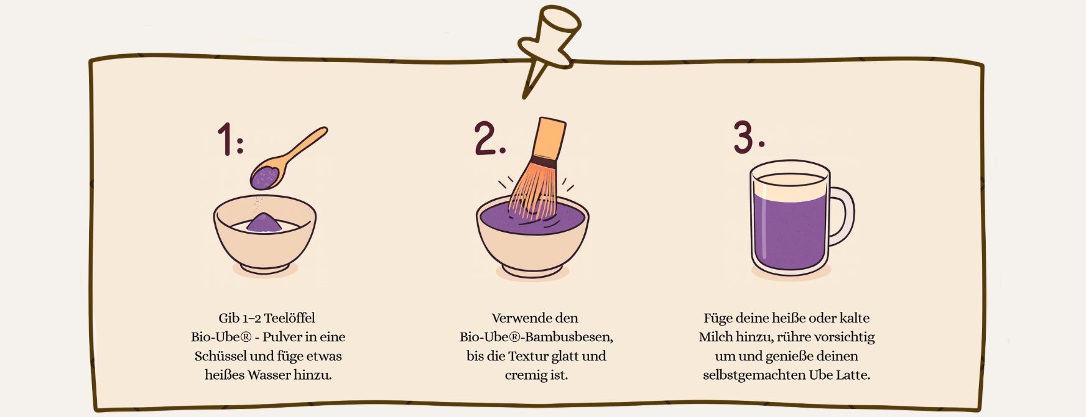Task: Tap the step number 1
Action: [x=226, y=139]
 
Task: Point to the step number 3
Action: [x=743, y=137]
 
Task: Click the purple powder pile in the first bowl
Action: [x=264, y=222]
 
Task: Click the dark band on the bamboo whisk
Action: [x=542, y=163]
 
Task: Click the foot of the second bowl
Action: [x=532, y=271]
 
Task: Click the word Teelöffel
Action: [x=289, y=318]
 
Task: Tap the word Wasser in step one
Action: [x=269, y=375]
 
